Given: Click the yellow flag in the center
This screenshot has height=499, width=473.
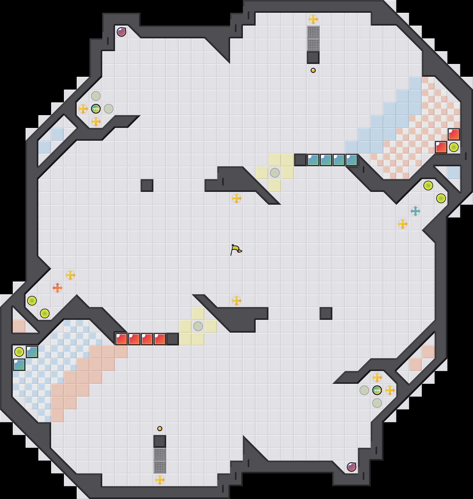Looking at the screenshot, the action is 236,249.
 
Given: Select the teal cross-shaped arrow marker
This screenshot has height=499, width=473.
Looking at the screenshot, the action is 415,211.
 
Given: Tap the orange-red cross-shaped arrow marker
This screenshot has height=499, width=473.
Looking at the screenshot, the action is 58,288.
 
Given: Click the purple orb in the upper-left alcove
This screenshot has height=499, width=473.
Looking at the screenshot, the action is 121,32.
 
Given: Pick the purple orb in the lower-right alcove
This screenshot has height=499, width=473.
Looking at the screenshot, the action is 352,467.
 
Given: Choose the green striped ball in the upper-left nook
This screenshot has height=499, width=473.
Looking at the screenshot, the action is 96,109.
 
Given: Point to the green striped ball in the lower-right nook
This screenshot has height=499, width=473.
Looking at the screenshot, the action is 377,390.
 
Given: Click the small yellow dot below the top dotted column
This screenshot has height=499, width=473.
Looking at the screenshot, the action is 313,70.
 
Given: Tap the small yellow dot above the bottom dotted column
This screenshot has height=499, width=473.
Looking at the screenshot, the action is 160,429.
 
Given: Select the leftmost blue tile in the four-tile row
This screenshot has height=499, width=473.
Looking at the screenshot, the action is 313,160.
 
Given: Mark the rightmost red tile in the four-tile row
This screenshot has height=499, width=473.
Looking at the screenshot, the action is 160,339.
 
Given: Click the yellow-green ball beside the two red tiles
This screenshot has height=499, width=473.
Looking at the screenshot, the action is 454,147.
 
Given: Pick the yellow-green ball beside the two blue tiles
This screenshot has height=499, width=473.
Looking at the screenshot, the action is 19,352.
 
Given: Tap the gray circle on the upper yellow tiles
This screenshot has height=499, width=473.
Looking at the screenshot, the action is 275,173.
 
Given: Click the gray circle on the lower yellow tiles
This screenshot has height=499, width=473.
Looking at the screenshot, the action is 198,326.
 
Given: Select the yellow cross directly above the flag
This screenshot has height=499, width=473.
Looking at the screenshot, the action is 236,198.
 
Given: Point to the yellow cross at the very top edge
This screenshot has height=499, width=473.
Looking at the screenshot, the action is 313,19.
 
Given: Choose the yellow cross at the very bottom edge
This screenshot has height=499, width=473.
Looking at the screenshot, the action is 160,480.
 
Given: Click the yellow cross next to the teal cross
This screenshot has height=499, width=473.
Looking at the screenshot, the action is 403,224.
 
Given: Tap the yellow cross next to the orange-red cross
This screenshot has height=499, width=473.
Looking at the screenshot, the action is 70,275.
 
